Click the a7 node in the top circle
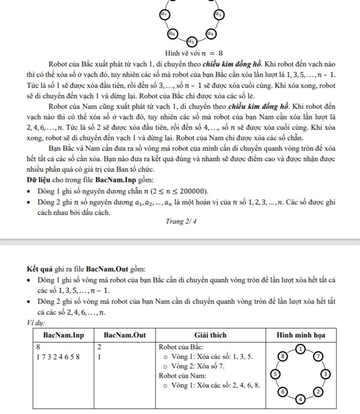tap(164, 14)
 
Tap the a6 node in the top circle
tap(172, 34)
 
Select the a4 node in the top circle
tap(211, 34)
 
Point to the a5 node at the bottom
tap(191, 41)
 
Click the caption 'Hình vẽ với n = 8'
tap(194, 53)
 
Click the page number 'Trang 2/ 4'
tap(181, 221)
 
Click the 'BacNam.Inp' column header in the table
tap(64, 335)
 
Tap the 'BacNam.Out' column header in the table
tap(125, 335)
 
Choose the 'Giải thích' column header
tap(211, 335)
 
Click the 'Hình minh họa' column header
tap(301, 335)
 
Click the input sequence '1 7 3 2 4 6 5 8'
tap(58, 357)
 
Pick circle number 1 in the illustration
tap(301, 349)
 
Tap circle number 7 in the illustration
tap(318, 356)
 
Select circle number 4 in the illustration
tap(301, 399)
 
